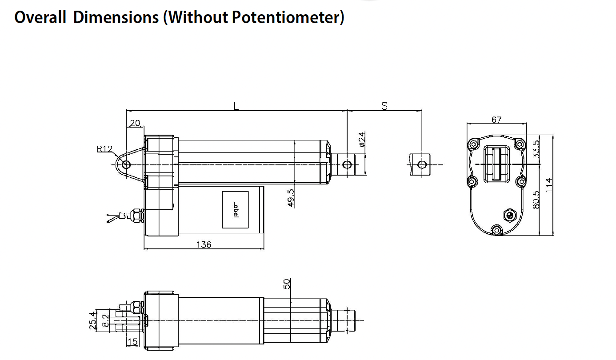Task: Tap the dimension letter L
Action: click(236, 106)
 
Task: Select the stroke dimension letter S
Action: click(384, 106)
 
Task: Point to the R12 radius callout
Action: click(105, 149)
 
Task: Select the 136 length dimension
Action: click(204, 244)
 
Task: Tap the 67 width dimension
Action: click(496, 120)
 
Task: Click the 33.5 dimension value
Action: click(536, 149)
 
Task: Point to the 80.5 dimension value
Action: click(536, 200)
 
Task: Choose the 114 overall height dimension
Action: click(549, 185)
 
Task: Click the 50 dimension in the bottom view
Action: click(287, 284)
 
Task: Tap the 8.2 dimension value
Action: click(105, 320)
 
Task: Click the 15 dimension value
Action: click(132, 342)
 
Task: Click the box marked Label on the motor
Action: click(236, 210)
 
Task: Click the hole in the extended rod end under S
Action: click(422, 165)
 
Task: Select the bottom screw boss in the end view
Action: click(497, 230)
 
